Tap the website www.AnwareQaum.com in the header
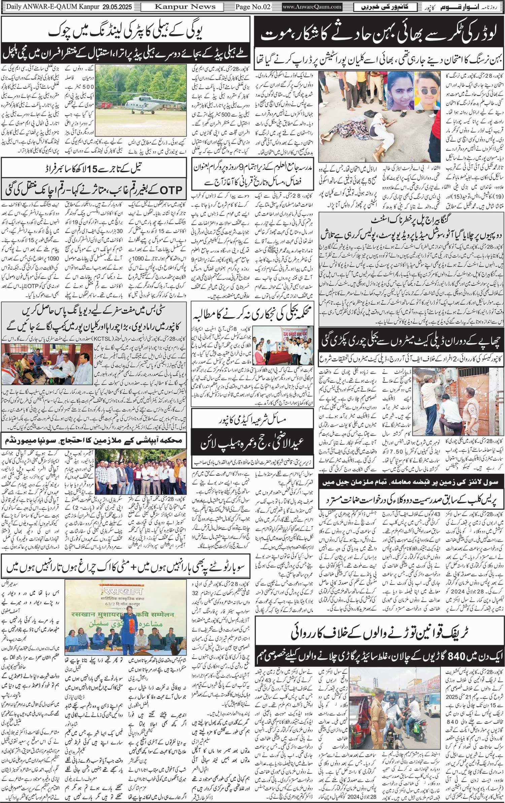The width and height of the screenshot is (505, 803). click(x=312, y=7)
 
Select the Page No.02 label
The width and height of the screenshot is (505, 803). click(x=253, y=7)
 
